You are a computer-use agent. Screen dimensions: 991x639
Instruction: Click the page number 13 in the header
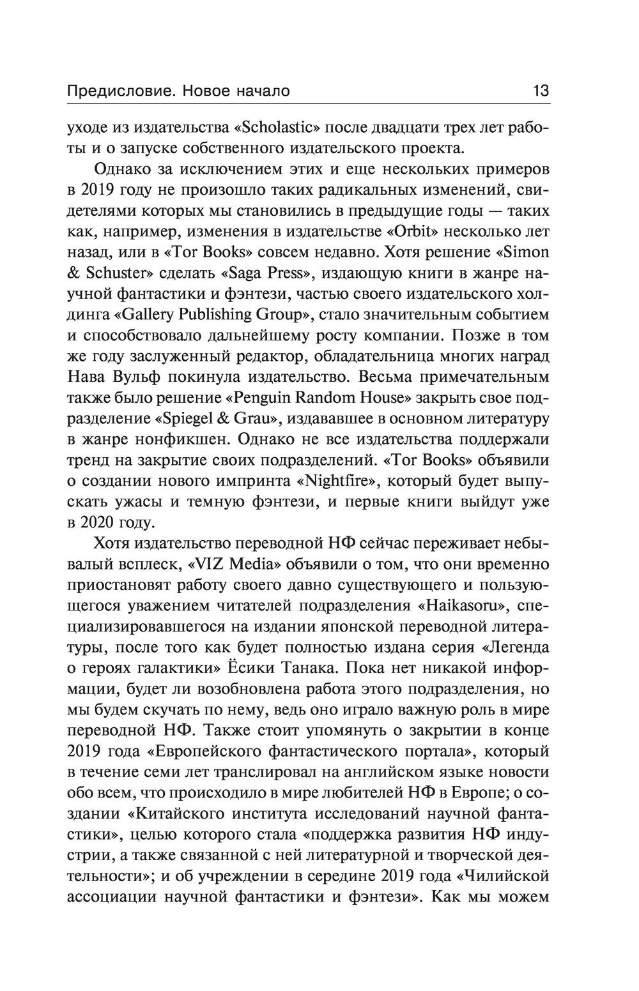(x=541, y=91)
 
